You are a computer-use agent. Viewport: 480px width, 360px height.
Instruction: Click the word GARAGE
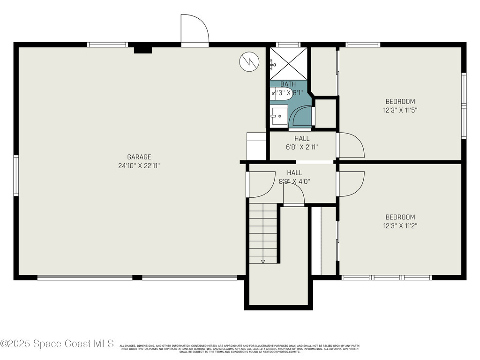click(x=139, y=157)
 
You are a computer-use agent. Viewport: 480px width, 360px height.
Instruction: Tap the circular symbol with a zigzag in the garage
click(x=249, y=61)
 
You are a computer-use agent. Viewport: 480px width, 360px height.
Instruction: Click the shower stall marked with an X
click(x=288, y=63)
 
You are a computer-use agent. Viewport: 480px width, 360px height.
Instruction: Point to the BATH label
click(x=288, y=84)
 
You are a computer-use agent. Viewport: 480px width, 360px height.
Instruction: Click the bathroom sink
click(x=279, y=116)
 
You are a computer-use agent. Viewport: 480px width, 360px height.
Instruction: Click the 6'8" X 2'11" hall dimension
click(x=301, y=147)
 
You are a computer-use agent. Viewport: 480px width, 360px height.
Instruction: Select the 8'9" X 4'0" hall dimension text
click(x=294, y=181)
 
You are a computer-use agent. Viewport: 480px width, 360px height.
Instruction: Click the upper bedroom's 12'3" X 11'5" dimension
click(x=400, y=110)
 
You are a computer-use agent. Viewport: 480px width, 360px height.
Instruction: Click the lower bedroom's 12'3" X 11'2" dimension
click(x=400, y=225)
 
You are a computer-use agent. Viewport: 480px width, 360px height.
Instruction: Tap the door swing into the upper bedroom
click(x=351, y=145)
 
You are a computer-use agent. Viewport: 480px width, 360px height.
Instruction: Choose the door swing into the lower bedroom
click(x=351, y=184)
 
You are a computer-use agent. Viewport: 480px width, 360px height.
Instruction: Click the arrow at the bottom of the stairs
click(x=263, y=261)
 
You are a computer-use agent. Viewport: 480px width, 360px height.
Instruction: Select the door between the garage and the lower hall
click(x=261, y=184)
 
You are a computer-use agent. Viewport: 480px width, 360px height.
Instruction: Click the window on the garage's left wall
click(x=16, y=175)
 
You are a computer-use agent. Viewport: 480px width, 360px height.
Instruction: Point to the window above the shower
click(x=288, y=45)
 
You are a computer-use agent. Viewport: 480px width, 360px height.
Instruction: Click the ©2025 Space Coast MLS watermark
click(x=57, y=344)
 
